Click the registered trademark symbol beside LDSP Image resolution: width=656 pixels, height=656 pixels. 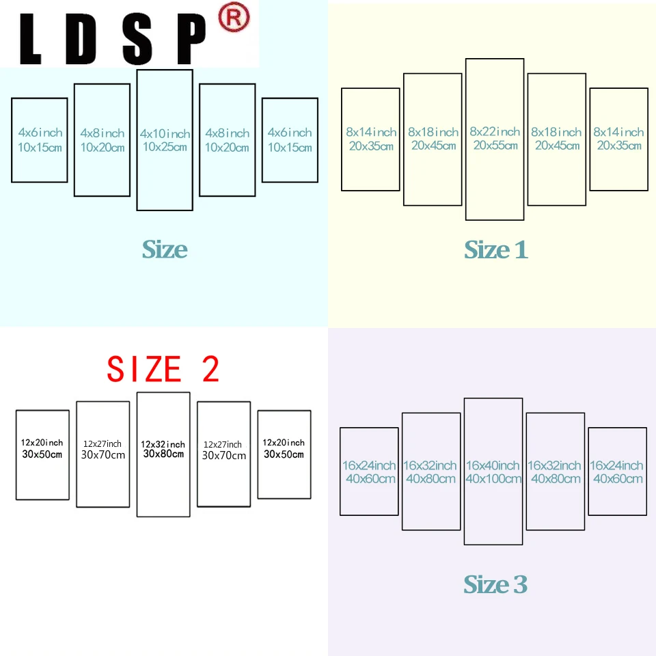pos(233,19)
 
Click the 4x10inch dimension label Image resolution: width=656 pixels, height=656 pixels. pos(165,133)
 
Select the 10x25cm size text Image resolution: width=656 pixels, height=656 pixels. pos(165,147)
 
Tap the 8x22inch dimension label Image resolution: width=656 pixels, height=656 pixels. pos(495,131)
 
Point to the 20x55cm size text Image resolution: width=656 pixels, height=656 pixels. pos(495,145)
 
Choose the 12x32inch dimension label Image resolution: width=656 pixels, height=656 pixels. pos(163,444)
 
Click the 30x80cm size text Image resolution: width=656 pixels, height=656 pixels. pos(163,454)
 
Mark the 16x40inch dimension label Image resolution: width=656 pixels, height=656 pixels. pos(493,465)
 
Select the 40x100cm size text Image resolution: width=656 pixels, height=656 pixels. pos(493,479)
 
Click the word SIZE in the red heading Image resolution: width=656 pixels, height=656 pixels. pos(143,369)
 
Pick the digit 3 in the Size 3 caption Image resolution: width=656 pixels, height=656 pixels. pos(519,585)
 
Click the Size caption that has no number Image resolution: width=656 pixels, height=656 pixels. pos(165,249)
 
